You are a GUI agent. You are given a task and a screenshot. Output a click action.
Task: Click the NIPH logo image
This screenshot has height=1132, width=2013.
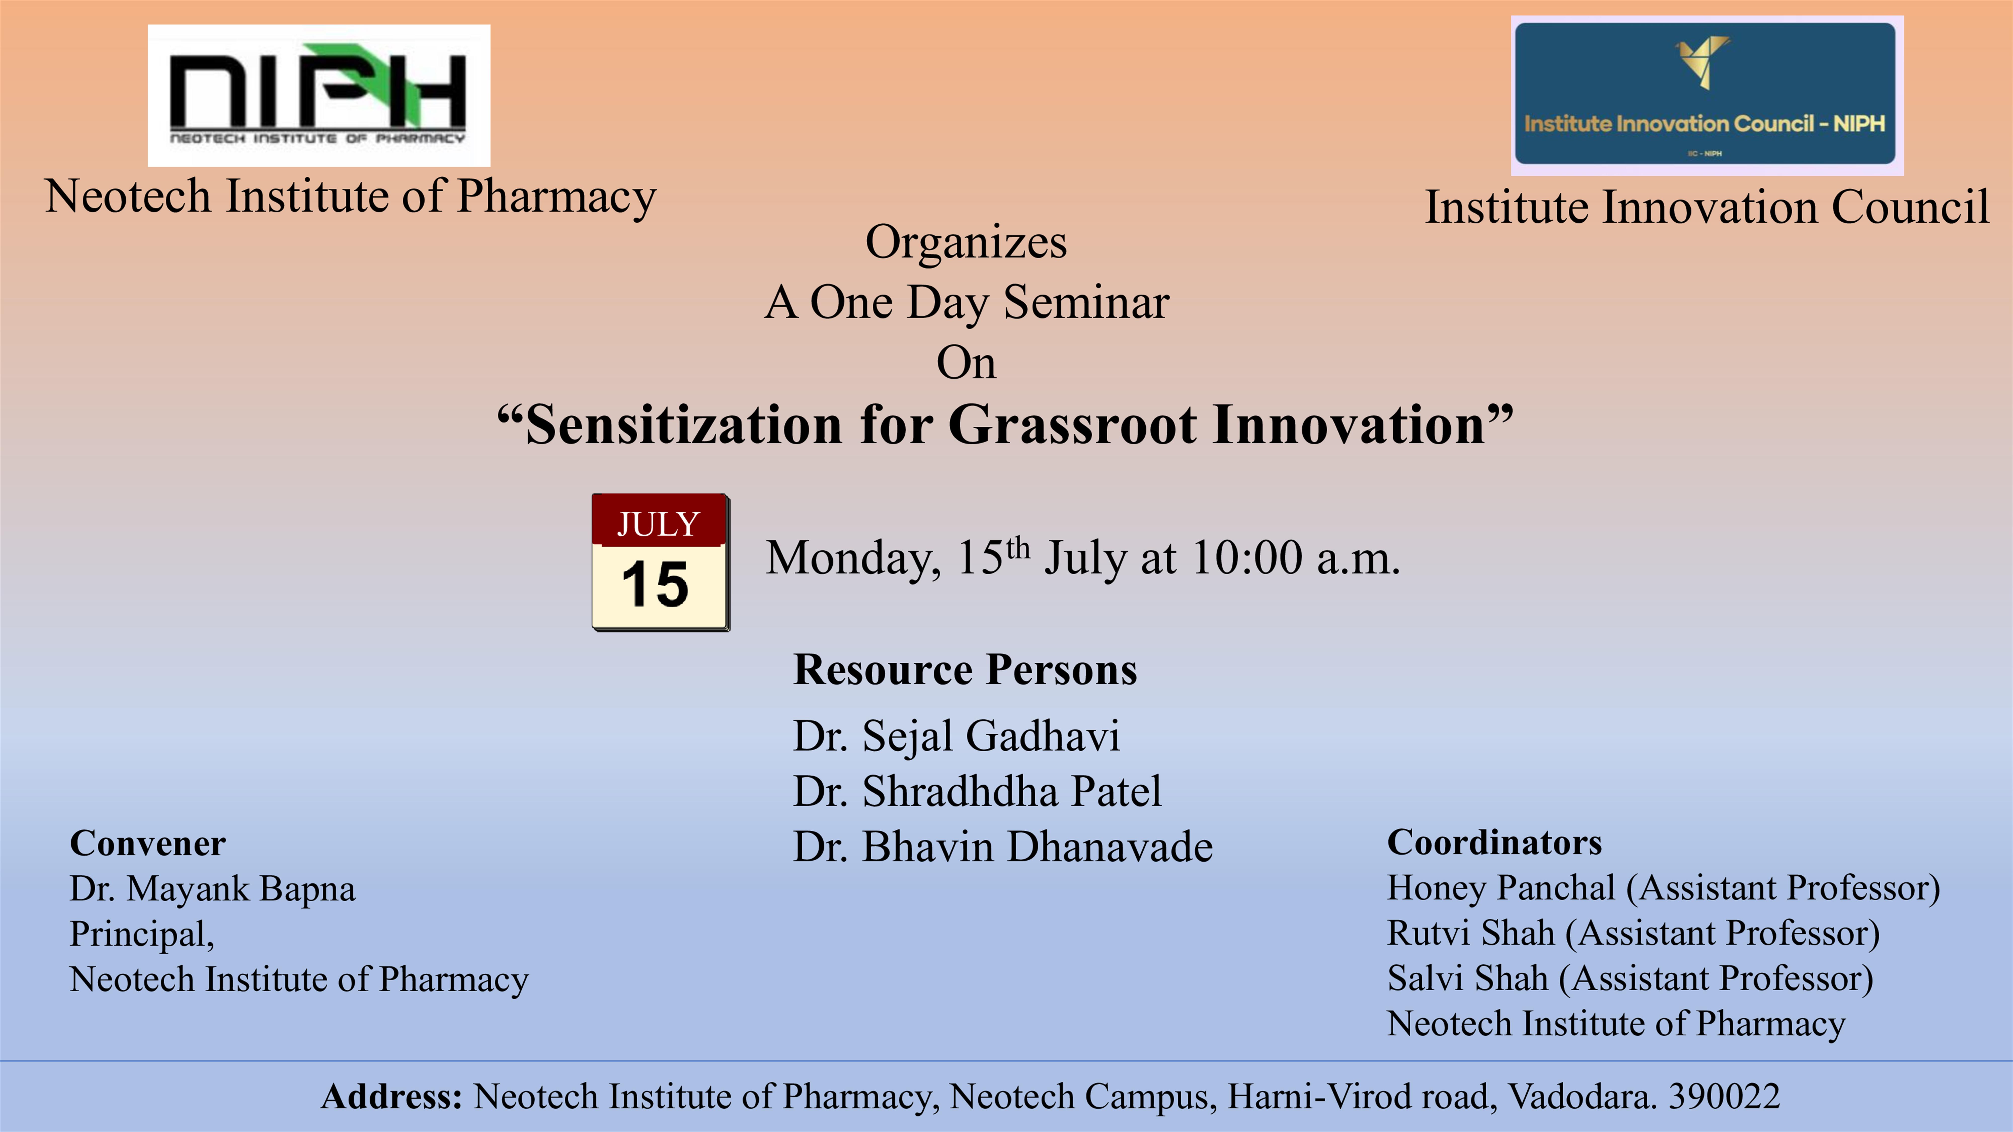coord(319,95)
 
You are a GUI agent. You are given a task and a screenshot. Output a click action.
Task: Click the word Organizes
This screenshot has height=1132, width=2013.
coord(966,242)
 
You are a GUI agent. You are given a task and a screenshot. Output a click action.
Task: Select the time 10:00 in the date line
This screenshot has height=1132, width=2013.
coord(1247,558)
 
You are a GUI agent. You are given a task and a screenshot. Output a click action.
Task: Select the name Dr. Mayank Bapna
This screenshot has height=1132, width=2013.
coord(213,889)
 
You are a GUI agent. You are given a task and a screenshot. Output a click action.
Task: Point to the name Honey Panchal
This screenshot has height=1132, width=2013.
coord(1501,888)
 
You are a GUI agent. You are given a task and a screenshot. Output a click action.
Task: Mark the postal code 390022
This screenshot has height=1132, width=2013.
coord(1725,1096)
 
